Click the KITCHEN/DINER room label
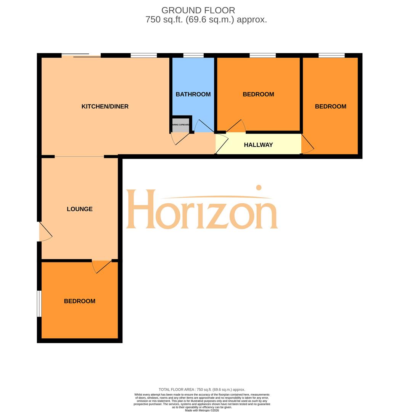point(105,106)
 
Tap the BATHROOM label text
point(193,94)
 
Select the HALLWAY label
point(258,145)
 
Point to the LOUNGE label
point(79,209)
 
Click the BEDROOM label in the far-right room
point(330,106)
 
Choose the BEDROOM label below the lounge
point(79,301)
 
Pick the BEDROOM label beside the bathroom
point(258,94)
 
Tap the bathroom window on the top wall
point(193,56)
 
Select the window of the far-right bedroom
point(331,56)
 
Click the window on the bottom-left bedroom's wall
point(39,304)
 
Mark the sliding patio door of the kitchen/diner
point(81,56)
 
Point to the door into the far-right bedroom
point(307,144)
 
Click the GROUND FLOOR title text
point(198,10)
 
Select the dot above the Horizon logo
point(259,187)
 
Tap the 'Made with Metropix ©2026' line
point(202,410)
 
